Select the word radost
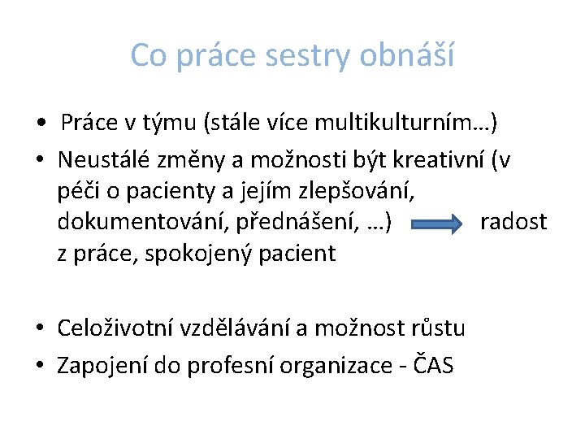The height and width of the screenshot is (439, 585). click(x=513, y=222)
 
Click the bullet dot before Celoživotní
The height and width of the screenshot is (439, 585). click(x=39, y=329)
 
